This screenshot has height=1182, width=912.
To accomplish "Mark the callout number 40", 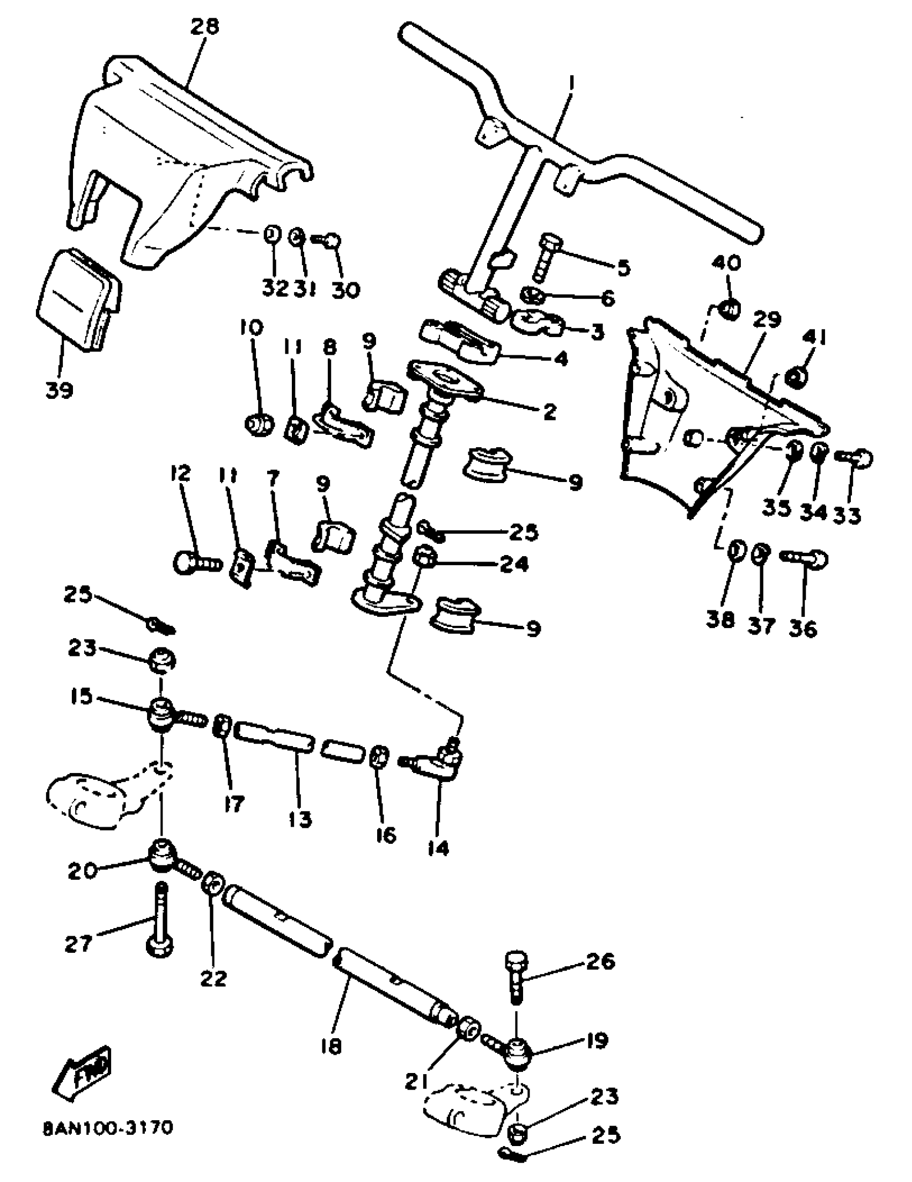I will coord(725,264).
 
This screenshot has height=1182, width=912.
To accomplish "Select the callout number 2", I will coord(549,412).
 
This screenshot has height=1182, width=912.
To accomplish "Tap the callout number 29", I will coord(767,319).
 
